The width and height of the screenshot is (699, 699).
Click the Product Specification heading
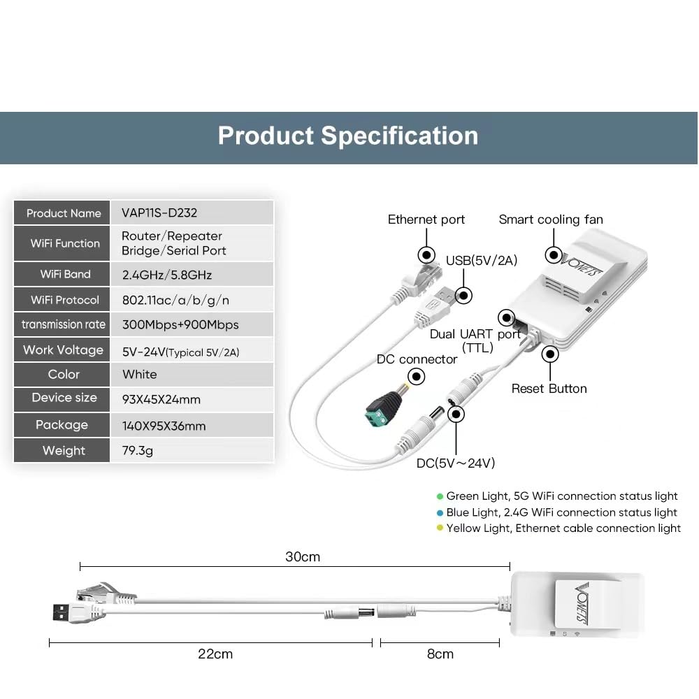pyautogui.click(x=347, y=136)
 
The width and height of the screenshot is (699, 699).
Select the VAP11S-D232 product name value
pyautogui.click(x=159, y=212)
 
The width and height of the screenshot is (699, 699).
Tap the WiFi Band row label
pyautogui.click(x=65, y=274)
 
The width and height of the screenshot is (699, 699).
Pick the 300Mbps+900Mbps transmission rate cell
pyautogui.click(x=180, y=324)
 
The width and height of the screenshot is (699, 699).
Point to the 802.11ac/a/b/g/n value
pyautogui.click(x=175, y=300)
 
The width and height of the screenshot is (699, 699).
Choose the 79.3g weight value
pyautogui.click(x=137, y=451)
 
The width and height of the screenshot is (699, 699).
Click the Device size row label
pyautogui.click(x=64, y=397)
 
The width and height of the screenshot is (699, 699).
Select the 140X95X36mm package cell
pyautogui.click(x=164, y=426)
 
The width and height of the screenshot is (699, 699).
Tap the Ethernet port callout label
pyautogui.click(x=426, y=219)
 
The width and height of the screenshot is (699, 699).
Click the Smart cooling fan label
pyautogui.click(x=551, y=219)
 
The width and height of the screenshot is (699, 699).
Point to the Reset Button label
pyautogui.click(x=549, y=389)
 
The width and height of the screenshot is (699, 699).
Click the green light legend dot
pyautogui.click(x=440, y=496)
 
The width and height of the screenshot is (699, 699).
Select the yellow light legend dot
pyautogui.click(x=440, y=528)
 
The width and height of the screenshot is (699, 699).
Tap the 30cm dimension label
pyautogui.click(x=303, y=557)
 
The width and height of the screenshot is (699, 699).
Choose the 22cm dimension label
pyautogui.click(x=215, y=654)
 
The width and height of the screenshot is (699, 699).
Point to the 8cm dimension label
pyautogui.click(x=440, y=654)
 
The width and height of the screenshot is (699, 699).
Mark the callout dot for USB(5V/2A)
pyautogui.click(x=463, y=295)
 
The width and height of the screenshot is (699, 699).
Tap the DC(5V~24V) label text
pyautogui.click(x=456, y=463)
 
